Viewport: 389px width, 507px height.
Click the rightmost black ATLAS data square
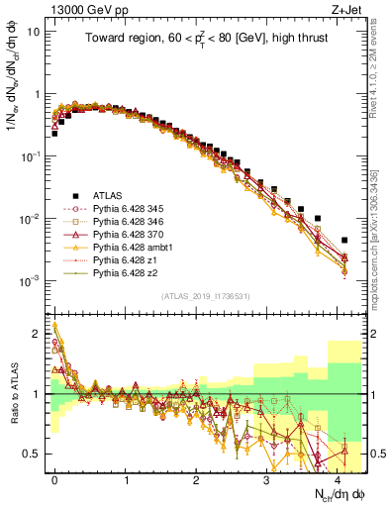pyautogui.click(x=343, y=240)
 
